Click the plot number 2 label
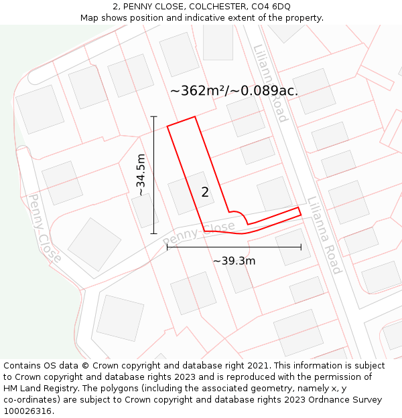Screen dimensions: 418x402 point(205,193)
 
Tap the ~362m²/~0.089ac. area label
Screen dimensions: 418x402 point(234,91)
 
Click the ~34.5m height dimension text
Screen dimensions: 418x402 point(141,175)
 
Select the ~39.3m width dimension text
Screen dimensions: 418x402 point(234,261)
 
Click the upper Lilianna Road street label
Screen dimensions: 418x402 point(271,83)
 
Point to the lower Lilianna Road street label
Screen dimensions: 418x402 point(325,235)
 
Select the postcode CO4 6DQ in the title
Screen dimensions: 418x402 point(272,6)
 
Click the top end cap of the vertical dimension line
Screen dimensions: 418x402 point(153,116)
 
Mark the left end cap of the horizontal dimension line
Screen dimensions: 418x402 point(167,247)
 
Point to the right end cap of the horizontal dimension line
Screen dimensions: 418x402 point(301,247)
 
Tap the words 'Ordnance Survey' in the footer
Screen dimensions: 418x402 point(345,400)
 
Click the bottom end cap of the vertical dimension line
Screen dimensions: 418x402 point(153,233)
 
